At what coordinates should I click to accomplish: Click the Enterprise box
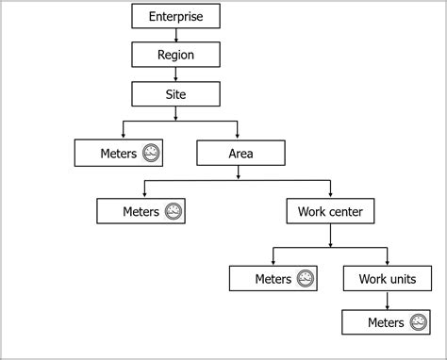point(175,16)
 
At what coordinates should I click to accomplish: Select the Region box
point(175,55)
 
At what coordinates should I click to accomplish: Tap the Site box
point(175,94)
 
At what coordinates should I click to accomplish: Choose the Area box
point(237,153)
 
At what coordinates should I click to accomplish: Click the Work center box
point(330,211)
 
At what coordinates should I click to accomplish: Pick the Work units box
point(387,279)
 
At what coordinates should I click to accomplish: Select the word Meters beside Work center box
point(141,211)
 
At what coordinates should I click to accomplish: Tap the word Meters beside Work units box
point(273,279)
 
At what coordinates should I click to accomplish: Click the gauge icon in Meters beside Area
point(151,153)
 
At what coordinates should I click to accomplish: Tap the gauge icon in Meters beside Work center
point(174,211)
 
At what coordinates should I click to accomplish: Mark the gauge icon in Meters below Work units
point(419,323)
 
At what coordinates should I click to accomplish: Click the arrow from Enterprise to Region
point(175,36)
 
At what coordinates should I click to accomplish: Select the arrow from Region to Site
point(175,75)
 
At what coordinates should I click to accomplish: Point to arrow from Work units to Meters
point(387,302)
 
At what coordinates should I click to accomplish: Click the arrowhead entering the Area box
point(237,136)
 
